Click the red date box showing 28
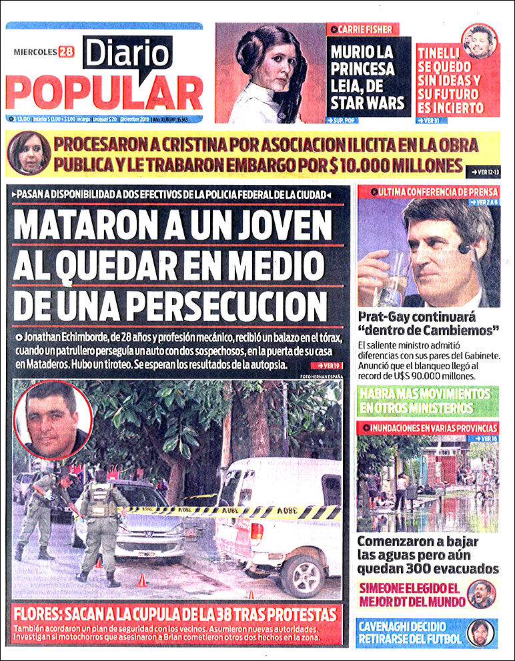click(x=65, y=51)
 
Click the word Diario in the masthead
click(x=127, y=54)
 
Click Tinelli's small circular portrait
click(x=480, y=41)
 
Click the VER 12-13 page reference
click(x=484, y=171)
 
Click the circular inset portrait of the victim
click(x=53, y=419)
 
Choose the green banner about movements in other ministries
click(x=428, y=400)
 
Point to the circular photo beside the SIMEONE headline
click(x=481, y=594)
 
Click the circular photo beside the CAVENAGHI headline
click(x=480, y=632)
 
